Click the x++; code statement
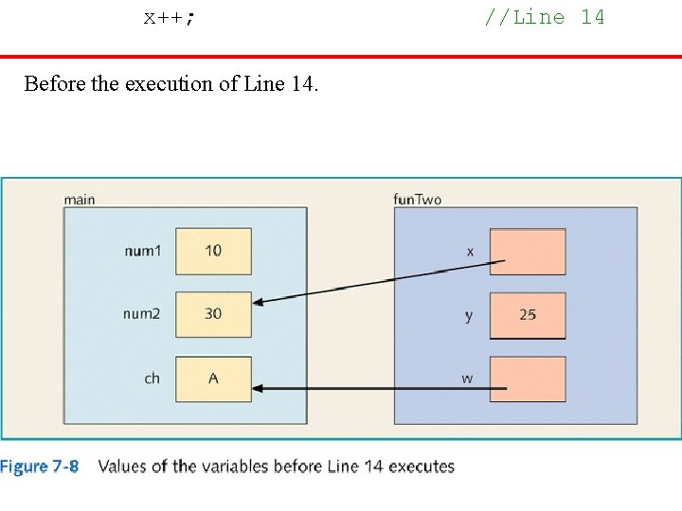[x=170, y=17]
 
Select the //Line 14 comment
[x=544, y=17]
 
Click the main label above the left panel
[x=80, y=200]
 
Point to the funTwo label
[x=417, y=200]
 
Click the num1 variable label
[x=142, y=251]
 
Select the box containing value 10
[x=213, y=251]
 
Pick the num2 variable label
[x=142, y=314]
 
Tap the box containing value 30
[x=213, y=314]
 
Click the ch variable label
[x=152, y=379]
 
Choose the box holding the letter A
[x=213, y=379]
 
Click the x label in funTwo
[x=470, y=252]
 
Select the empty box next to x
[x=528, y=252]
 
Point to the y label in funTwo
[x=469, y=316]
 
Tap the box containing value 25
[x=528, y=315]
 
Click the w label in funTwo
[x=467, y=379]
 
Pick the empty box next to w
[x=528, y=379]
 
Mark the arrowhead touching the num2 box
[x=260, y=301]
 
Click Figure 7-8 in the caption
[x=40, y=467]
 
